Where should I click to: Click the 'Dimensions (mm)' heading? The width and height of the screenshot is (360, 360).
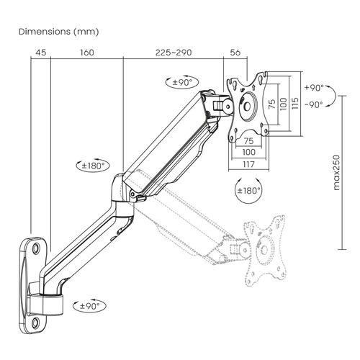point(58,32)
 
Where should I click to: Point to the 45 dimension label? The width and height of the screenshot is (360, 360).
point(41,53)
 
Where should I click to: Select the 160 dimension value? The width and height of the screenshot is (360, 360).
point(87,53)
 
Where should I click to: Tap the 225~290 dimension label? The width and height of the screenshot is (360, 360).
point(174,53)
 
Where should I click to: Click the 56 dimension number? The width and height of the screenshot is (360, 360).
point(235,53)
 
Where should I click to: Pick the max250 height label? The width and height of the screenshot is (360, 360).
point(337,173)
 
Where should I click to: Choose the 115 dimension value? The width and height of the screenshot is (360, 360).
point(295,103)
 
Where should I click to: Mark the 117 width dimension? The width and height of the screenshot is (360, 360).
point(248,164)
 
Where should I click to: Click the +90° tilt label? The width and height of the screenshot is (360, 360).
point(314,88)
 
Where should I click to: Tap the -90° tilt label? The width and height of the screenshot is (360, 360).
point(314,104)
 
